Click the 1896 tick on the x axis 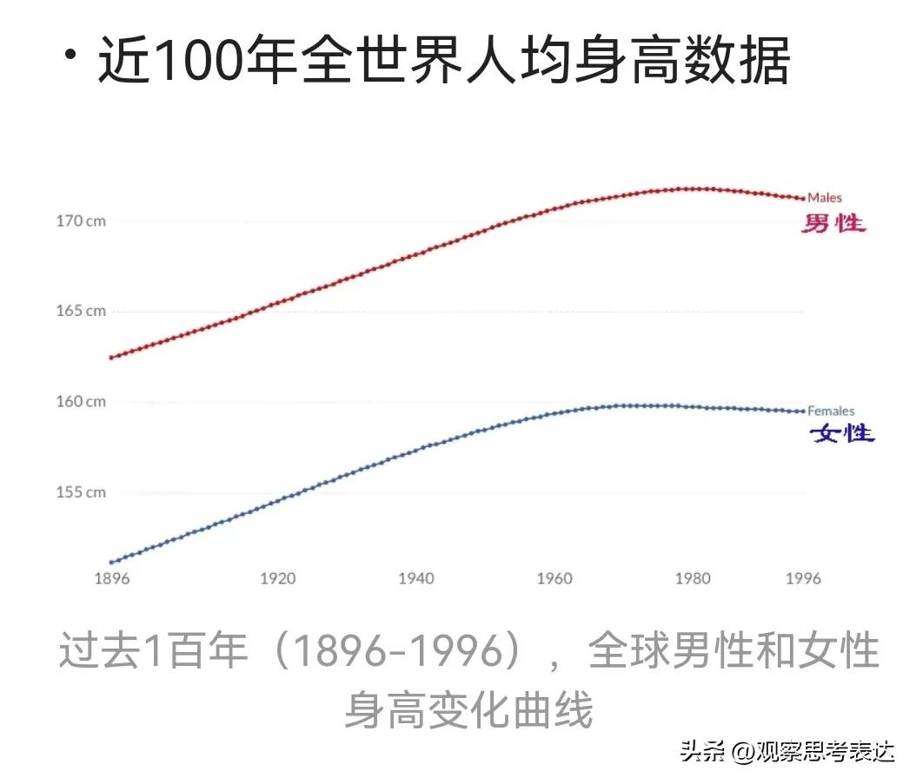click(x=110, y=579)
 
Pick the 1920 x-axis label click(x=277, y=579)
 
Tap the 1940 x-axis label click(x=416, y=579)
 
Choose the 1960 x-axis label click(x=554, y=579)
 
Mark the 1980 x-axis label click(x=693, y=579)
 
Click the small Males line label click(x=825, y=198)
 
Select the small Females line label click(x=831, y=411)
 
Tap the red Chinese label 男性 click(x=833, y=223)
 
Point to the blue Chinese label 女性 click(x=842, y=432)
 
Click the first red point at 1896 click(x=110, y=358)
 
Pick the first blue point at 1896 click(x=110, y=563)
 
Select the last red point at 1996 click(x=803, y=198)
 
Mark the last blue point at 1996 click(x=803, y=411)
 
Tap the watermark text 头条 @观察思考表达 click(x=787, y=750)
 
